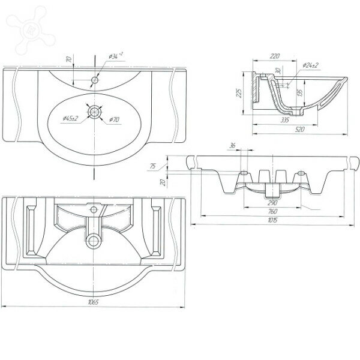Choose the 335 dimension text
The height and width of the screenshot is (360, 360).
point(284,119)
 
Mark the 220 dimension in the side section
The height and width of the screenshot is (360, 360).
point(275,56)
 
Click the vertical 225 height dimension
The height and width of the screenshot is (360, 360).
point(239,93)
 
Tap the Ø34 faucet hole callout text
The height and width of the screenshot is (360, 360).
point(115,56)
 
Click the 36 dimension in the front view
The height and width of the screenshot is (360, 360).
point(232,146)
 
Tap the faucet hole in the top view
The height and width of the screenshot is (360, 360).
point(95,79)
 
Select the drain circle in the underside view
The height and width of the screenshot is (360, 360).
point(94,239)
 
